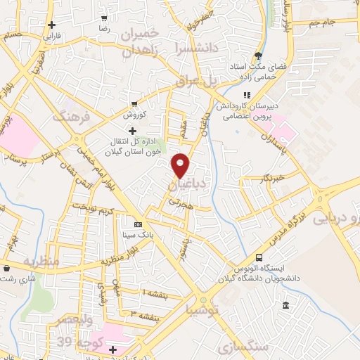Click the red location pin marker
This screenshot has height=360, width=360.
pyautogui.click(x=181, y=165)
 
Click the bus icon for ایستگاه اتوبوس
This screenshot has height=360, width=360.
pyautogui.click(x=259, y=257)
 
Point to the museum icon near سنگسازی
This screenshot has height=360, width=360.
pyautogui.click(x=285, y=305)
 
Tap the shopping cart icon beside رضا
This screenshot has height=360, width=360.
pyautogui.click(x=104, y=19)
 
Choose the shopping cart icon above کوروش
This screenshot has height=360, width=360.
pyautogui.click(x=134, y=103)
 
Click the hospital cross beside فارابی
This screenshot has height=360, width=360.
pyautogui.click(x=52, y=25)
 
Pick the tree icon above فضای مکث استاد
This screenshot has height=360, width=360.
pyautogui.click(x=259, y=55)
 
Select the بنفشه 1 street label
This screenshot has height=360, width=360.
pyautogui.click(x=153, y=290)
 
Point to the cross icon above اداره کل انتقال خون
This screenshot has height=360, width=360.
pyautogui.click(x=133, y=131)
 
